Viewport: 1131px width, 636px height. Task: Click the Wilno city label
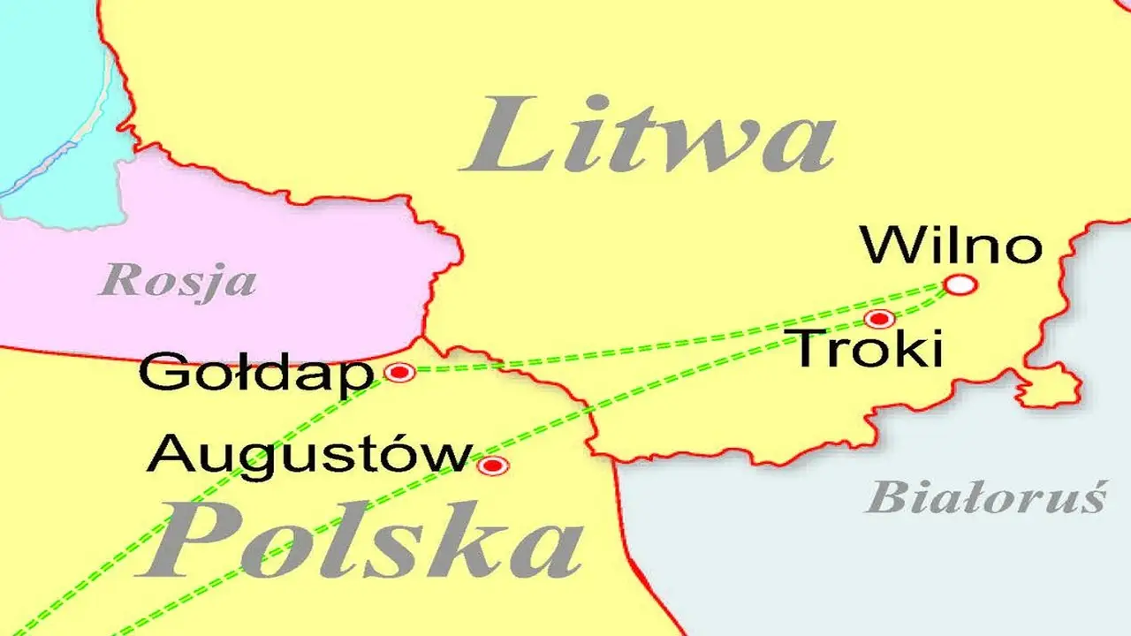(x=952, y=246)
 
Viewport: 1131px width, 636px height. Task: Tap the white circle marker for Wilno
(x=960, y=284)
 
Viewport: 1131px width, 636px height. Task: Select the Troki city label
(x=867, y=349)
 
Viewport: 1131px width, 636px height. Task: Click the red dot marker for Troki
(x=878, y=318)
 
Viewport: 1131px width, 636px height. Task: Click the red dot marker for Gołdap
(x=399, y=373)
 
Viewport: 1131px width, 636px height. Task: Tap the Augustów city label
(x=308, y=456)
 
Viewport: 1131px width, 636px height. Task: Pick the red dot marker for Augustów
(x=492, y=466)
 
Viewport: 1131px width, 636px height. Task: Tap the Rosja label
(x=178, y=282)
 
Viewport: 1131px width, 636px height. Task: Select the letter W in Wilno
(x=888, y=246)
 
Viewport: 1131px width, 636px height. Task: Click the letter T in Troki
(x=809, y=349)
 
